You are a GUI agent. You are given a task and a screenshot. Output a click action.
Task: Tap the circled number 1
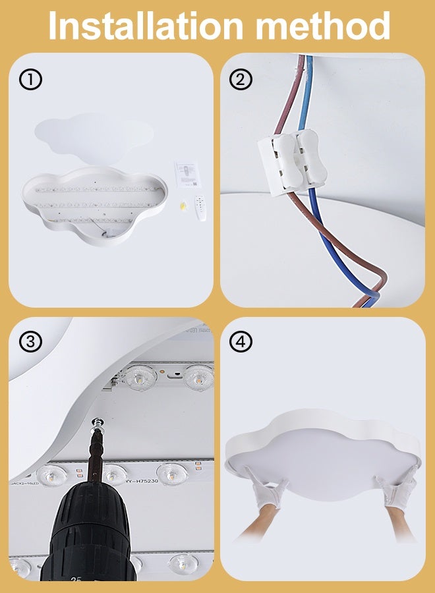tap(30, 80)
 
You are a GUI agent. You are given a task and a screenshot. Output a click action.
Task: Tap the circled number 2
tap(241, 80)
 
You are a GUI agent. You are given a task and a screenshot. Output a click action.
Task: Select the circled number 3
tap(30, 341)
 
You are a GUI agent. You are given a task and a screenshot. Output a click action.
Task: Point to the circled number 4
tap(241, 341)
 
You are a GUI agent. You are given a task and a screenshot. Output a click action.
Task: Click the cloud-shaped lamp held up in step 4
tap(323, 448)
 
